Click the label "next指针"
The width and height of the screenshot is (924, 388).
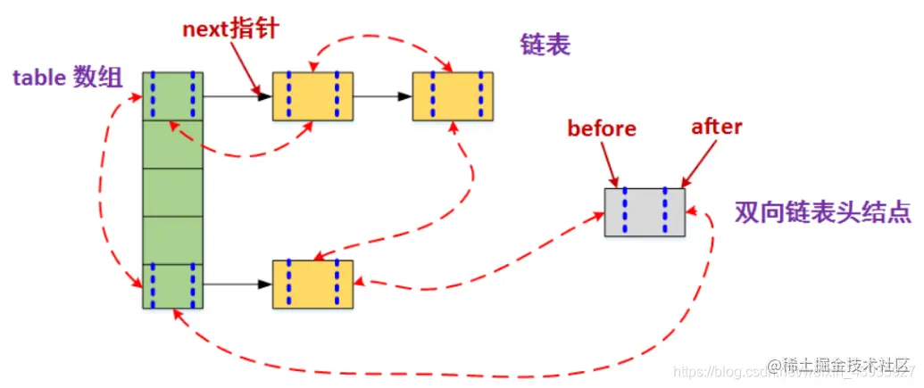231,27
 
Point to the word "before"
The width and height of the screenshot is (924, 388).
602,128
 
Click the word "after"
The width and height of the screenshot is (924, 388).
716,127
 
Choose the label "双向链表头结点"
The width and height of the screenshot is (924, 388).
822,212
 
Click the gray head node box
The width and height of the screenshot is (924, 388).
645,211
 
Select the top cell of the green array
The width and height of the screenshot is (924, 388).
173,95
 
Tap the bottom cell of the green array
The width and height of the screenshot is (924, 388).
173,285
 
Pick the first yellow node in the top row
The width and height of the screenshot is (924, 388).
312,95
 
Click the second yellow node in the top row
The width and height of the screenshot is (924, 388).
453,95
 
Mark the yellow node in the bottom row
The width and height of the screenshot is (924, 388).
312,284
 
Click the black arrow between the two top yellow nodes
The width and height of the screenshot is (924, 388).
383,95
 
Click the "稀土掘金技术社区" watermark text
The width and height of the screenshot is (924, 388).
845,367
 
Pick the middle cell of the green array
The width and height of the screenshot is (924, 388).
173,190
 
